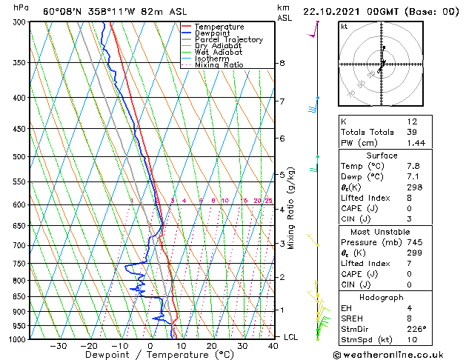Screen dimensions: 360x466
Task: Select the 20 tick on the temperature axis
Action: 212,346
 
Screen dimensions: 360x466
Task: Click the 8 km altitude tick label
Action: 282,64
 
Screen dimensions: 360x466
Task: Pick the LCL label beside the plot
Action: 292,337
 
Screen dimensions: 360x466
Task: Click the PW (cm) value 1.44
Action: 413,142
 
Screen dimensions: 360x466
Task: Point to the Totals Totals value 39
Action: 412,132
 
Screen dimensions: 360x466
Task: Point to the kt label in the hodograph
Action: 344,26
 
